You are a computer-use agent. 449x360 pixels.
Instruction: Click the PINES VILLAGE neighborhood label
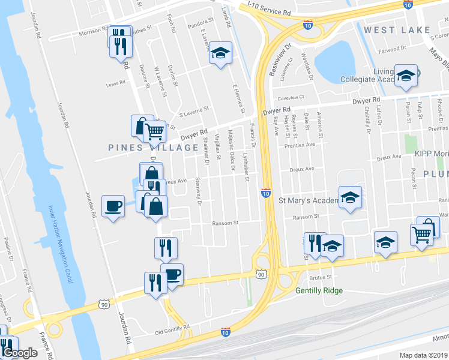(x=153, y=148)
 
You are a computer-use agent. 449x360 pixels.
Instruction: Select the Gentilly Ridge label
(x=319, y=291)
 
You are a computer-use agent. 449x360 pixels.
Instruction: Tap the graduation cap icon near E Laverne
(x=220, y=53)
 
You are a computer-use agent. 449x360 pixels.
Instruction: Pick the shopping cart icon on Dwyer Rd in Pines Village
(x=155, y=130)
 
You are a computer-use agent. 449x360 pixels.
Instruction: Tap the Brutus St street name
(x=321, y=277)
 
